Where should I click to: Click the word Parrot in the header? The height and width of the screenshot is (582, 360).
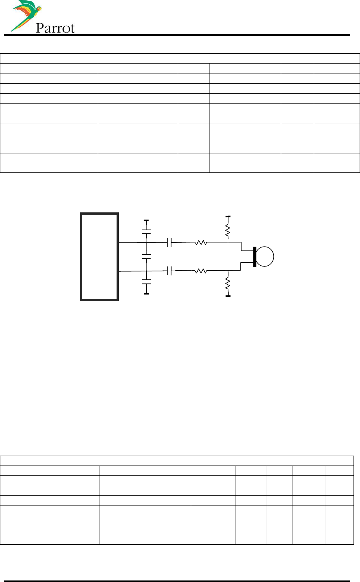55,28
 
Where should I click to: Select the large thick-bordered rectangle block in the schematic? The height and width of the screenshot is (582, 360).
99,257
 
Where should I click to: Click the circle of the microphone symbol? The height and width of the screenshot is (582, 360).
265,256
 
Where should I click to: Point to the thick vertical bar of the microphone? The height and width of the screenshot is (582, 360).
254,257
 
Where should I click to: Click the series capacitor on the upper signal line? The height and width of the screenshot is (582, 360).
169,242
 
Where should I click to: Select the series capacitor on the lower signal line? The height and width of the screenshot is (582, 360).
169,271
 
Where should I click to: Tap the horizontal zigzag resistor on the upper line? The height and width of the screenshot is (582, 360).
200,242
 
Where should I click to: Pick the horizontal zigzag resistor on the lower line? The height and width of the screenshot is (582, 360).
200,271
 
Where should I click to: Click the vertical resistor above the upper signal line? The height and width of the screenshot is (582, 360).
228,230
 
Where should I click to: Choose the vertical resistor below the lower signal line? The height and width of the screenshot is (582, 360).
228,283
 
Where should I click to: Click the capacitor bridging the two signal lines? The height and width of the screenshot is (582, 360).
146,257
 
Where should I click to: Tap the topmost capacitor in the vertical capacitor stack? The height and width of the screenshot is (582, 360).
146,231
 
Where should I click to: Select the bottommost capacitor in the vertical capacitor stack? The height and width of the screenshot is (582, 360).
146,282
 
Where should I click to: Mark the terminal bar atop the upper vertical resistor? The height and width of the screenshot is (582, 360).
228,216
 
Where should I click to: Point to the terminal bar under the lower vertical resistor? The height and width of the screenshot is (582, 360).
228,296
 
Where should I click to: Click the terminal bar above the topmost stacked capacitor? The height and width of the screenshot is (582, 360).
146,220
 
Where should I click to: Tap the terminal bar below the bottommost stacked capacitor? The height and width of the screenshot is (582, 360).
146,293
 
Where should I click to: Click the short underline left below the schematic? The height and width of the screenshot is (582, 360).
32,315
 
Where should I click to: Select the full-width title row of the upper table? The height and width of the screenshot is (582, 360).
180,59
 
